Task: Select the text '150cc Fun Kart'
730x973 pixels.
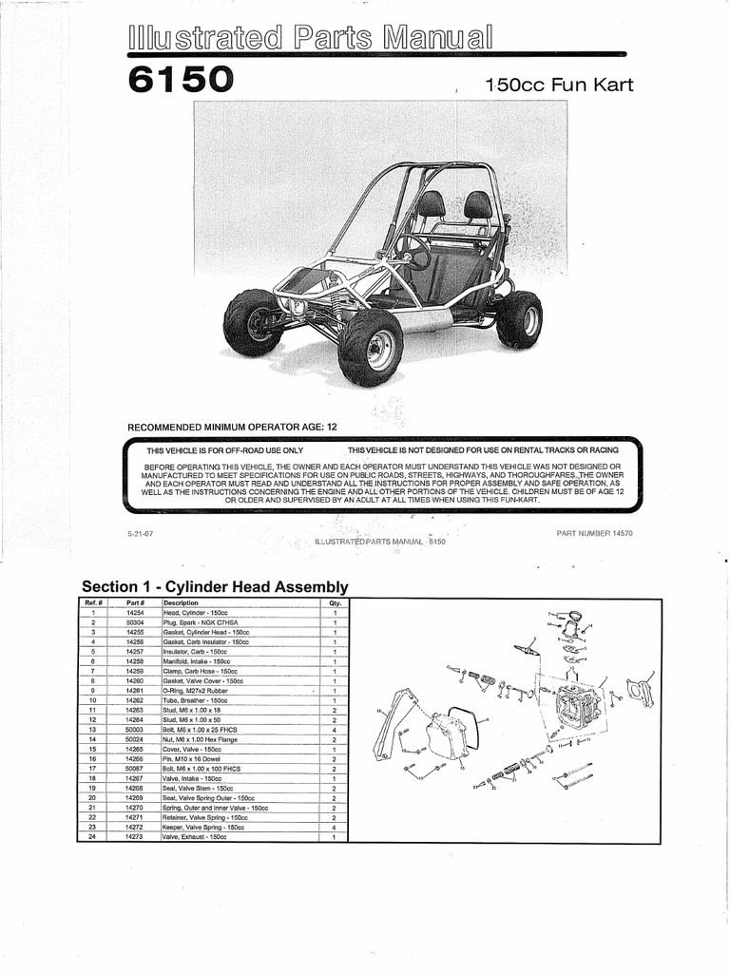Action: click(x=558, y=86)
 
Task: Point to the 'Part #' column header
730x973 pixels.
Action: click(x=135, y=602)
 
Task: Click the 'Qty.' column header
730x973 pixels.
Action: click(x=335, y=602)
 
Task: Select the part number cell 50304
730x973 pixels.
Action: click(x=135, y=621)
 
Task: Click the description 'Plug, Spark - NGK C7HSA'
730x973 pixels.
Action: click(x=205, y=621)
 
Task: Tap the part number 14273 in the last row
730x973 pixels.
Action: click(x=135, y=837)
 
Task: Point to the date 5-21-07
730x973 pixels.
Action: click(x=140, y=533)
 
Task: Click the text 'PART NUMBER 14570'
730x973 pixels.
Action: click(x=594, y=533)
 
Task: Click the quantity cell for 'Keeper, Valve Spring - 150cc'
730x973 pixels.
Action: click(x=335, y=828)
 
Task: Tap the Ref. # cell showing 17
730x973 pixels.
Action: click(x=92, y=768)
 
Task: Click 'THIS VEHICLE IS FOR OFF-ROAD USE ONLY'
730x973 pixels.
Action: click(x=224, y=449)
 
